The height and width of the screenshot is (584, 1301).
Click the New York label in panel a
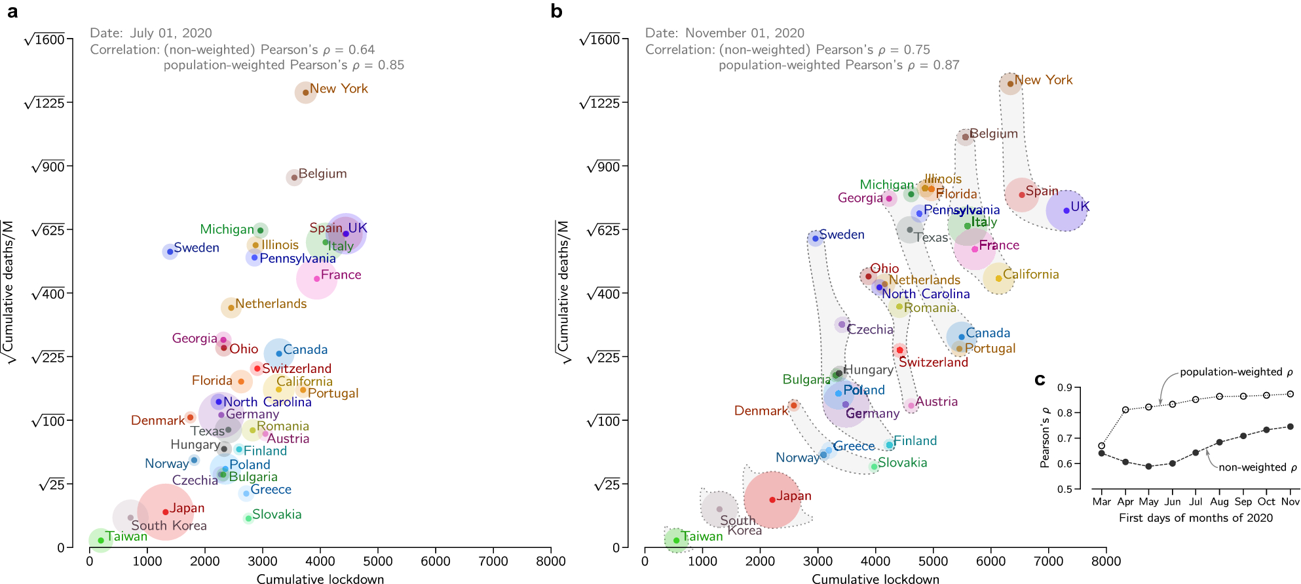(x=339, y=88)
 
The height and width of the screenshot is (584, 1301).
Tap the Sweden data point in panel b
(x=815, y=239)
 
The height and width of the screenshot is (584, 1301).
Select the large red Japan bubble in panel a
(x=165, y=512)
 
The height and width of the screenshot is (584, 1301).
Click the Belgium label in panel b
(x=994, y=134)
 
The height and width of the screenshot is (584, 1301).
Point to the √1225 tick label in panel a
(x=45, y=103)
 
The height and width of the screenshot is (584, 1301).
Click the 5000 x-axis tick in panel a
(x=378, y=561)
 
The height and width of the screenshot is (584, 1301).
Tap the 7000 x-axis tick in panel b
(x=1048, y=561)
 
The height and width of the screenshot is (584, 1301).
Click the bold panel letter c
(x=1040, y=380)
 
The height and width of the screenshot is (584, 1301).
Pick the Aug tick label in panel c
(x=1219, y=501)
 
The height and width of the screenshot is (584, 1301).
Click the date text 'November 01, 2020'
(x=744, y=33)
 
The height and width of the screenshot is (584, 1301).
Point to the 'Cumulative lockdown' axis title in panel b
(x=875, y=579)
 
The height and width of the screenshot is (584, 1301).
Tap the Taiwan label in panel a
(x=126, y=537)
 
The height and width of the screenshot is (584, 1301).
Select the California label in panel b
(x=1030, y=275)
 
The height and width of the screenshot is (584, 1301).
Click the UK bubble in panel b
(x=1066, y=210)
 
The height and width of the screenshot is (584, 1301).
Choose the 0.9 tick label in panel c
(x=1065, y=388)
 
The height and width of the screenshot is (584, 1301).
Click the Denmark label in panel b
(x=761, y=411)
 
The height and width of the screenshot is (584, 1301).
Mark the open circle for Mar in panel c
(x=1102, y=446)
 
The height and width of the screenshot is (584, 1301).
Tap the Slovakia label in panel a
(x=276, y=515)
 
